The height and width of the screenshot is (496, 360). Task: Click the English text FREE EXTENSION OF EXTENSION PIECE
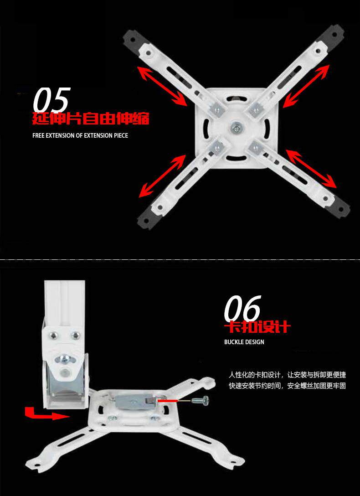pos(80,135)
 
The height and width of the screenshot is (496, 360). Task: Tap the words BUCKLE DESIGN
pos(244,342)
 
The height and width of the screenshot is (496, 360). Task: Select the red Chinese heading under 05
pos(90,119)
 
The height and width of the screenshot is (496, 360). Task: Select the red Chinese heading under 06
pos(257,326)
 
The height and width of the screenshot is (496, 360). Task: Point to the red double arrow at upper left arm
pos(162,86)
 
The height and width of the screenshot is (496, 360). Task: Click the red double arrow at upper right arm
pos(306,86)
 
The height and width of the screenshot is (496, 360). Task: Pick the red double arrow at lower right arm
pos(311,169)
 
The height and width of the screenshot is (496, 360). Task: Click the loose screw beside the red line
pos(201,400)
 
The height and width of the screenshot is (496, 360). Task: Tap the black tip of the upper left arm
pos(133,39)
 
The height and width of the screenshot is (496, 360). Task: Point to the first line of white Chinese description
pos(287,375)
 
